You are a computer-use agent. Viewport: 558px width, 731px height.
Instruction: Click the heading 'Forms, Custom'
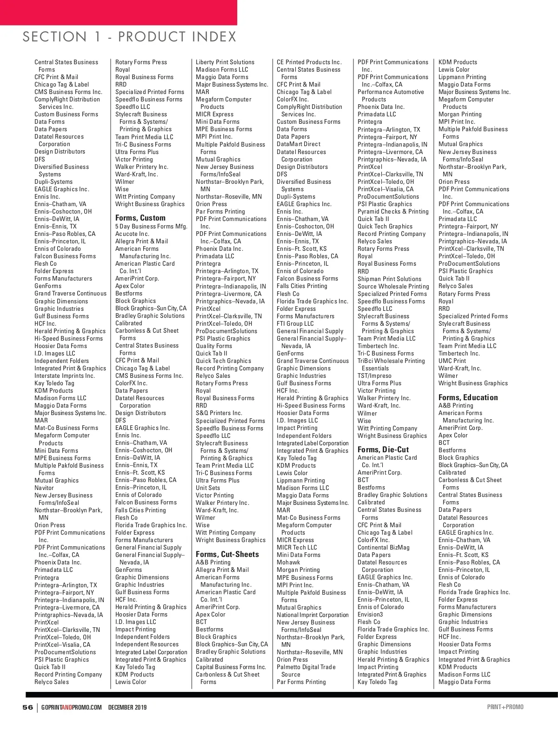coord(140,218)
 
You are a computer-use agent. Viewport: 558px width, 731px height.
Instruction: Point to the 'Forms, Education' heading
coord(468,397)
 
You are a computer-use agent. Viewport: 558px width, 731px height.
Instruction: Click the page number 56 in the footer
coord(28,707)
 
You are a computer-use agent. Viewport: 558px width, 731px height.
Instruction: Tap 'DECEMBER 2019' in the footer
coord(127,707)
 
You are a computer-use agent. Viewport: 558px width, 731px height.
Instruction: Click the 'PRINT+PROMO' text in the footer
coord(505,707)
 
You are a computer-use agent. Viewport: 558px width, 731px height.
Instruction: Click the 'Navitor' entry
coord(44,488)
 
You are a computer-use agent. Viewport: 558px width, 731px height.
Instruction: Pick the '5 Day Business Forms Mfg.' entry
coord(151,226)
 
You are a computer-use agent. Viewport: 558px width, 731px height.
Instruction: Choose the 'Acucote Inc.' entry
coord(132,234)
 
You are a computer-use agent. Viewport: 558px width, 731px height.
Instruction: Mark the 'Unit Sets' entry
coord(208,488)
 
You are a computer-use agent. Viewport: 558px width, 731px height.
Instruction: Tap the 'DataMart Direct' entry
coord(298,144)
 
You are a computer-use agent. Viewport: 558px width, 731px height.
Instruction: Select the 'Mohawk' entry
coord(288,562)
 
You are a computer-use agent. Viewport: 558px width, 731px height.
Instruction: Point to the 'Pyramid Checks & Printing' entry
coord(393,211)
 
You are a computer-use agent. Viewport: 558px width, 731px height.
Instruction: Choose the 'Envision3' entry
coord(370,614)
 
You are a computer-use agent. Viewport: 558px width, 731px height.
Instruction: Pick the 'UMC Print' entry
coord(452,361)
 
